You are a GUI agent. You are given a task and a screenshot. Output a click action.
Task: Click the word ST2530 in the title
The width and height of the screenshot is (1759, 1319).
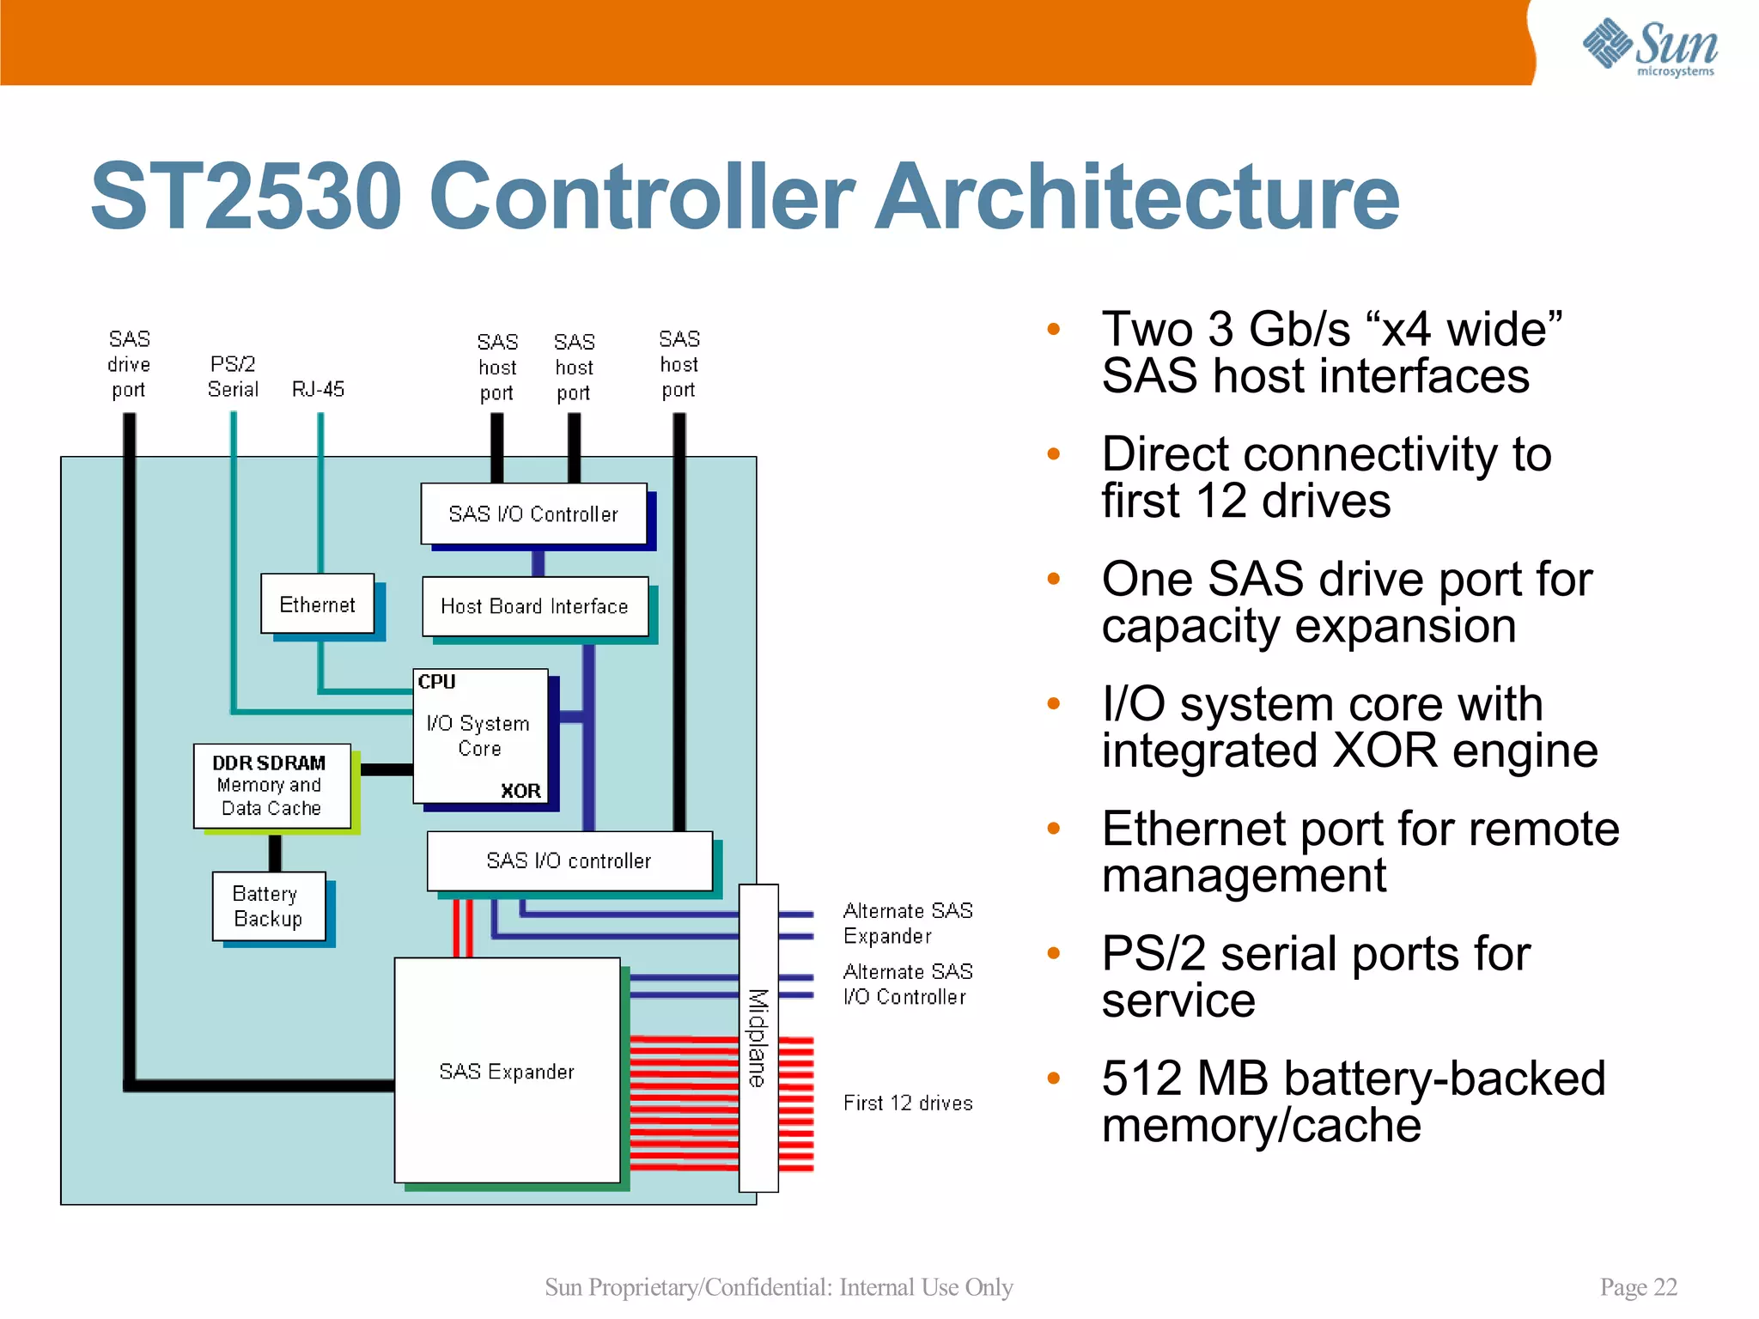(247, 198)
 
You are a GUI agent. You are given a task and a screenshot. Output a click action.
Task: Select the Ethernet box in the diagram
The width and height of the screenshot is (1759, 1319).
(317, 605)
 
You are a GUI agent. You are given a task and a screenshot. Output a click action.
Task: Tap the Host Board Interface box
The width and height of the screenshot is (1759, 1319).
(534, 606)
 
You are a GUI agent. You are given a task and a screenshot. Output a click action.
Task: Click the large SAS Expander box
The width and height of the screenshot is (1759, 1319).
(507, 1070)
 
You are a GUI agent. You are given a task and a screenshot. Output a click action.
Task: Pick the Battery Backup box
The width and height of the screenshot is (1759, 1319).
(268, 907)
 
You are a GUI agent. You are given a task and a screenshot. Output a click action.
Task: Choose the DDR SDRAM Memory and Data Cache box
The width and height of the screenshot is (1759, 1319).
(271, 786)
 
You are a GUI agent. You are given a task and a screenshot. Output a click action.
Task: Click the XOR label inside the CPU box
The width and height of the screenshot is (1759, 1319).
(520, 791)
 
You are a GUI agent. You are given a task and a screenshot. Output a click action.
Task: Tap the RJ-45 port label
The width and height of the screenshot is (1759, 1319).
(318, 389)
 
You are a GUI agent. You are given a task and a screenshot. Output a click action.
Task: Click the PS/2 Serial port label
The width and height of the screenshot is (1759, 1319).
(233, 377)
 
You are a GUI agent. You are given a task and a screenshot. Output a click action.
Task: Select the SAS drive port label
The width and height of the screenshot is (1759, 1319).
(129, 364)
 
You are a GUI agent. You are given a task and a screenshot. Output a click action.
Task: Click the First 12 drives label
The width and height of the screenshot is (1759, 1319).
(907, 1103)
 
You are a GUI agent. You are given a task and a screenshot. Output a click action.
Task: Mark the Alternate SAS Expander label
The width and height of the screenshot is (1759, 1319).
(907, 923)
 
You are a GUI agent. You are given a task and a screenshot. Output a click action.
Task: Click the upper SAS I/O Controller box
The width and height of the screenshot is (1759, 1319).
(533, 514)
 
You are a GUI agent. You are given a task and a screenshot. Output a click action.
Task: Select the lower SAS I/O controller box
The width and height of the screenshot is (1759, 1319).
(569, 860)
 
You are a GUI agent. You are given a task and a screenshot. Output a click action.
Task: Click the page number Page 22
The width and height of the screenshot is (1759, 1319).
(1638, 1286)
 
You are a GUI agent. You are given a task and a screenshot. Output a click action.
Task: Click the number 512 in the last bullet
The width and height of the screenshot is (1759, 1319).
(1141, 1079)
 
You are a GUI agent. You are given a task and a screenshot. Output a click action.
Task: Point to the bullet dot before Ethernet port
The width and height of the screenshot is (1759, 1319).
(1054, 829)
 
